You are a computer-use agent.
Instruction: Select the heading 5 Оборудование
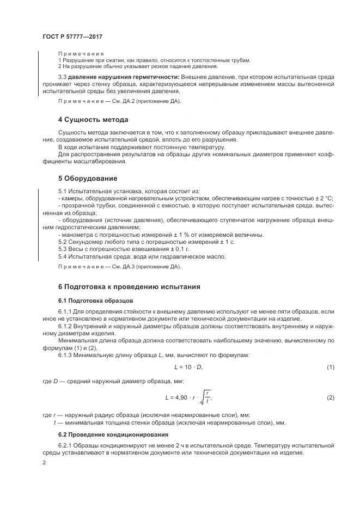tap(87, 178)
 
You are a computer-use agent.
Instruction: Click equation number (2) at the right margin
tap(330, 397)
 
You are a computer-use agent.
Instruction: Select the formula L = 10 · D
tap(188, 367)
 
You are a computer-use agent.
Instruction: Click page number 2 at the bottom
tap(44, 463)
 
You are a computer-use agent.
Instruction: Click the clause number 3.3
tap(63, 78)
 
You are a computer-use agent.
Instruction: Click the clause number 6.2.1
tap(66, 445)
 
